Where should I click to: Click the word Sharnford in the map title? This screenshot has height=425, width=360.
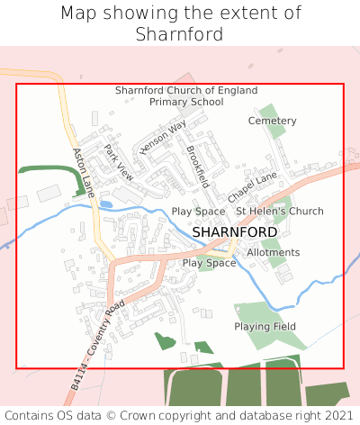[180, 34]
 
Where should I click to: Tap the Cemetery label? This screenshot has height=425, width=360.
[272, 121]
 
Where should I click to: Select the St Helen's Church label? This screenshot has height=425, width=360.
[279, 212]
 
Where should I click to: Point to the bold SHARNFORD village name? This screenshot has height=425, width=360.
[235, 231]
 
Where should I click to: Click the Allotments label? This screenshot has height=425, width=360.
[273, 253]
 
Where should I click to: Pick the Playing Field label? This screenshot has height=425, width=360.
[265, 326]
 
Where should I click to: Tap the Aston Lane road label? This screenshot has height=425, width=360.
[84, 172]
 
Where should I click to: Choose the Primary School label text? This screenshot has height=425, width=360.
[186, 103]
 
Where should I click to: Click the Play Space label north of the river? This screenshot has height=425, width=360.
[198, 212]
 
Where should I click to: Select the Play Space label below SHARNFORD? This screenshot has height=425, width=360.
[209, 263]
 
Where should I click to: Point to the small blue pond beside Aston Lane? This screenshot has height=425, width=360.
[105, 204]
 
